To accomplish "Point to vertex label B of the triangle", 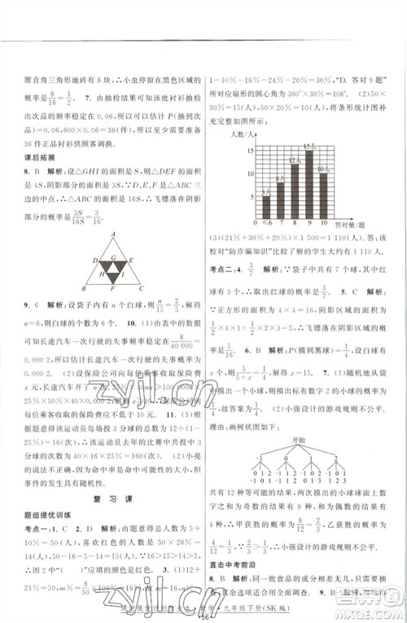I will [81, 287].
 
